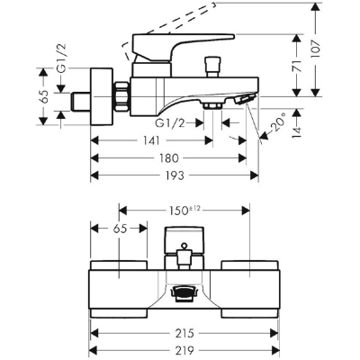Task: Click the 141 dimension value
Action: click(x=151, y=140)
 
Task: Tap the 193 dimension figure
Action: click(x=175, y=175)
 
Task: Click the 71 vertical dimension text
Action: click(x=297, y=65)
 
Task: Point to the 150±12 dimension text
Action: click(x=184, y=211)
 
